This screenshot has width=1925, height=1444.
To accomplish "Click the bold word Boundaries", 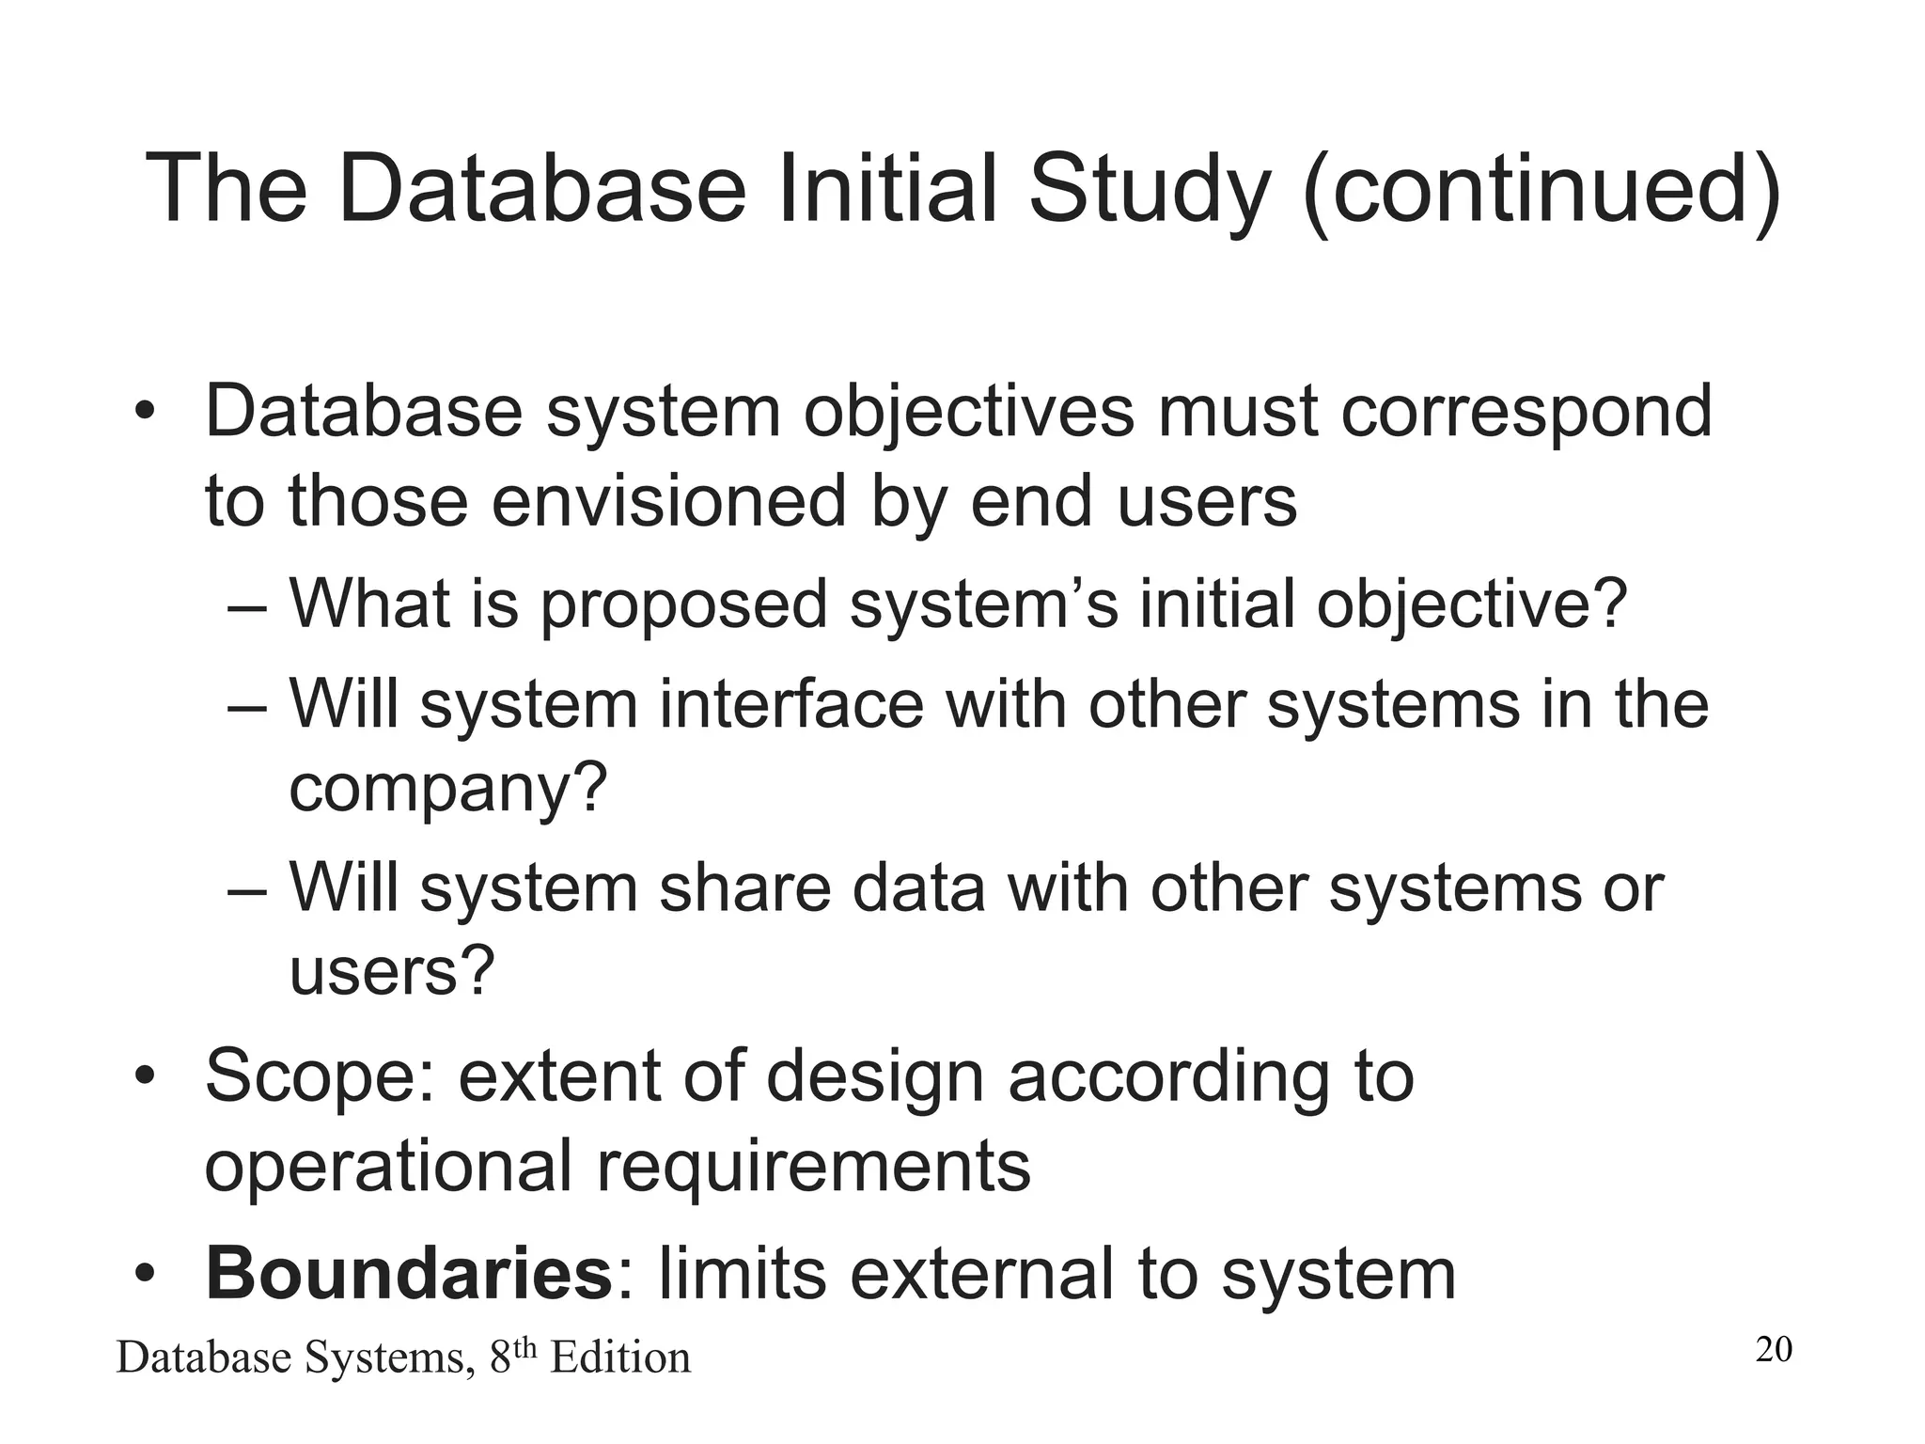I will point(409,1273).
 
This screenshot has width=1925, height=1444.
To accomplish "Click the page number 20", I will point(1774,1349).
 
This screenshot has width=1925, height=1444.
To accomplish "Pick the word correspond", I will point(1526,412).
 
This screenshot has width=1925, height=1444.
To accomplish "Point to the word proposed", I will point(683,604).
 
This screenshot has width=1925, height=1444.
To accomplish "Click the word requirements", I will point(813,1167).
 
